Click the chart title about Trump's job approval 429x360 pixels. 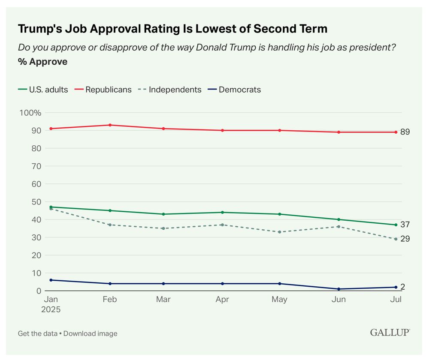click(x=172, y=29)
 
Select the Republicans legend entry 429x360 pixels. click(x=108, y=90)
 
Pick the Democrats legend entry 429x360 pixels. click(x=239, y=90)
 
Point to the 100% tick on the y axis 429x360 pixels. click(x=30, y=113)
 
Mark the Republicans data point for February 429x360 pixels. click(x=110, y=125)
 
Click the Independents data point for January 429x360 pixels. click(x=51, y=209)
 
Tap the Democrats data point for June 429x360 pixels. click(x=338, y=289)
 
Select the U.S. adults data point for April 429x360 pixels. click(x=222, y=212)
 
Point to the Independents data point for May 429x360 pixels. click(x=280, y=232)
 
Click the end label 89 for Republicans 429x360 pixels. click(x=405, y=132)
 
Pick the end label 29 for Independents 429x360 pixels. click(x=405, y=239)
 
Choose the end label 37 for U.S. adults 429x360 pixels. click(x=405, y=225)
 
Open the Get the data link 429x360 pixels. click(x=37, y=333)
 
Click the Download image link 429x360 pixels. click(x=90, y=333)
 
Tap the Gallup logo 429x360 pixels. click(x=390, y=333)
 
